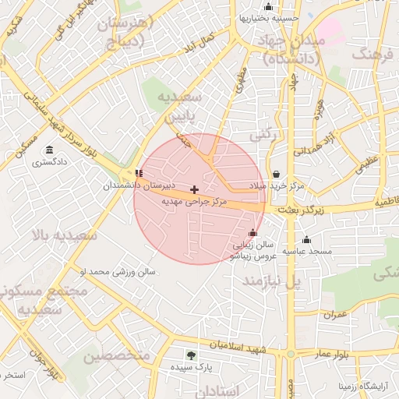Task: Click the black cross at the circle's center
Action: coord(194,189)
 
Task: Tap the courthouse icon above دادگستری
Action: coord(50,150)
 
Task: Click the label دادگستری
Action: coord(50,163)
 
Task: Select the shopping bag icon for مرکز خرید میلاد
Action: coord(277,174)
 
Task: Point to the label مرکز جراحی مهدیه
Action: coord(194,202)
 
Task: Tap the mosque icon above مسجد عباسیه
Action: coord(307,239)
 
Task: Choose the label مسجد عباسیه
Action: coord(307,252)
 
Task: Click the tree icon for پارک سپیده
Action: coord(192,355)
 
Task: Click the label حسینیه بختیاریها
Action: coord(270,17)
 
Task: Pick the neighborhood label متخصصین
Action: coord(116,356)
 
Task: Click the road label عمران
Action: coord(336,314)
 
